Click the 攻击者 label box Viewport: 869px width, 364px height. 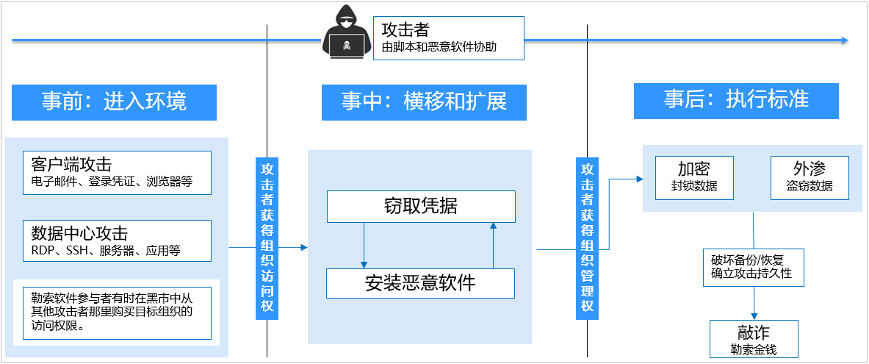(x=449, y=39)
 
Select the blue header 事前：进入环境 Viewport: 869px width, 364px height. (x=114, y=101)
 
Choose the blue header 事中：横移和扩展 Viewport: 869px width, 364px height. (x=424, y=101)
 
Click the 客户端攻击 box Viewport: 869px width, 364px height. (x=117, y=172)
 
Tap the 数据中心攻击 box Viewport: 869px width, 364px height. (x=117, y=241)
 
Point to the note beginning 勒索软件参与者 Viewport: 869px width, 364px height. (x=117, y=311)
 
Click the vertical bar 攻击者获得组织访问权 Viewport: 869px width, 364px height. (x=267, y=238)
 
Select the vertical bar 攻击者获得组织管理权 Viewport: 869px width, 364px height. (x=587, y=238)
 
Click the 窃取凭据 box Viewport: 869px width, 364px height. (x=421, y=207)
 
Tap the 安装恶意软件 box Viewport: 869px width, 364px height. (x=421, y=283)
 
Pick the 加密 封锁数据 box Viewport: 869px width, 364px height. (x=695, y=177)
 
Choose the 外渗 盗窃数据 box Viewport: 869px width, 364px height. (x=809, y=177)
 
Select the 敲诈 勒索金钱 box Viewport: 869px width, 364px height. (x=754, y=338)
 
